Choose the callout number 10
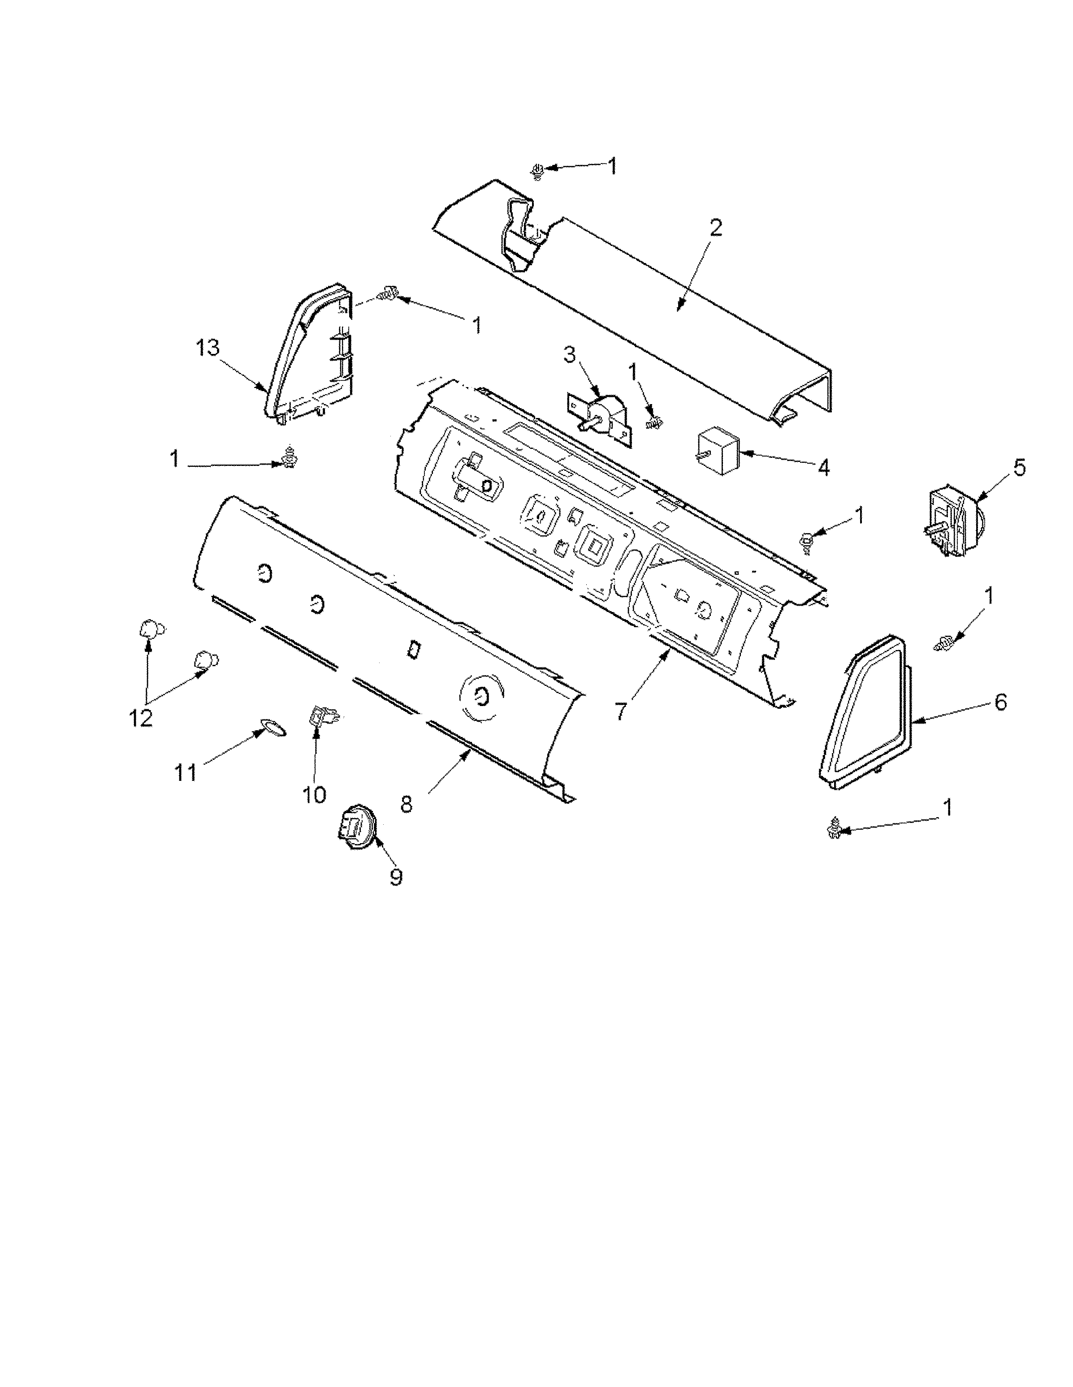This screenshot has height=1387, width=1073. coord(314,793)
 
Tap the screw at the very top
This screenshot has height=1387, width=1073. coord(537,171)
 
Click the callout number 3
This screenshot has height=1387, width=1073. coord(569,355)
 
